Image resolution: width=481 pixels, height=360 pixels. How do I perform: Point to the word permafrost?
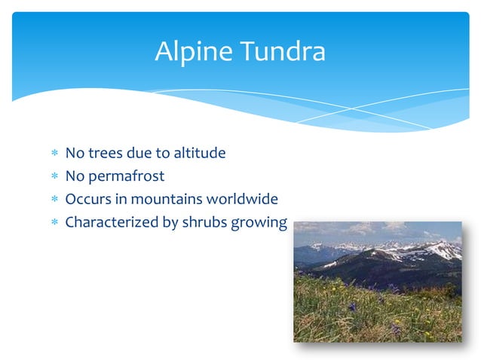click(127, 177)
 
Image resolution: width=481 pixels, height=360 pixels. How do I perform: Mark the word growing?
click(262, 224)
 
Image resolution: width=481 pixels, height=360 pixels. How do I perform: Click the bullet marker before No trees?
click(54, 154)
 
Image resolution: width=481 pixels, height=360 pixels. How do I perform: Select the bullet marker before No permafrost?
click(54, 177)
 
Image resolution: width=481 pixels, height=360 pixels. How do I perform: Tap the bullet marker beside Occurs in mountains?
click(54, 200)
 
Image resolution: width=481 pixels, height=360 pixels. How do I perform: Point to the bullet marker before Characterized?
click(54, 223)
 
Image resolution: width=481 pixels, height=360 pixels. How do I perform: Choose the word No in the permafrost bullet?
click(75, 177)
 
